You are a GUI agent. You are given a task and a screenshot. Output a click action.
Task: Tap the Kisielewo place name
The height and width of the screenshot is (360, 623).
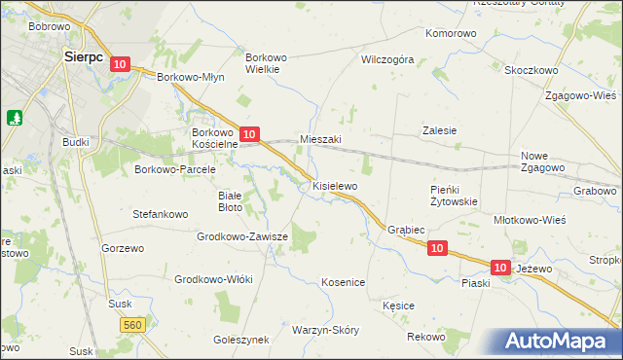[x=335, y=185]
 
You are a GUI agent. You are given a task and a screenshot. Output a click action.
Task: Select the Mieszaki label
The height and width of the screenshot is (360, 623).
[x=320, y=139]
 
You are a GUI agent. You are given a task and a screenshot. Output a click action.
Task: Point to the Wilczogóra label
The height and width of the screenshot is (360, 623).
[x=387, y=59]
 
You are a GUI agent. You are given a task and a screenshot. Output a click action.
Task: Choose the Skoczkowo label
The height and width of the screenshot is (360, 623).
[x=531, y=71]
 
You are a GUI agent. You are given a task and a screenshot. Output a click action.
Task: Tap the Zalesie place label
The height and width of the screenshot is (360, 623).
[x=439, y=130]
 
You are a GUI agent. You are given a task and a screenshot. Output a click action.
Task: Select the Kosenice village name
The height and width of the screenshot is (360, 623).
[x=343, y=282]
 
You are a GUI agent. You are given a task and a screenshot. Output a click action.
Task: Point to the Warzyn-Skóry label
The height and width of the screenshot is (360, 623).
[x=325, y=330]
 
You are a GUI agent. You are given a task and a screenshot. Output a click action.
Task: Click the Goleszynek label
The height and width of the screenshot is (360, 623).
[x=240, y=340]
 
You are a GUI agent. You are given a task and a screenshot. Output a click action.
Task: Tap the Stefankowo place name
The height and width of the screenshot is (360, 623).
[x=160, y=213]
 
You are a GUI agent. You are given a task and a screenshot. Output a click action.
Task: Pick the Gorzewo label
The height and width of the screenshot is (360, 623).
[x=122, y=248]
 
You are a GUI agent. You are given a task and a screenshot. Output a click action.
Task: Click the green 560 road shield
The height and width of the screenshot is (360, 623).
[x=133, y=325]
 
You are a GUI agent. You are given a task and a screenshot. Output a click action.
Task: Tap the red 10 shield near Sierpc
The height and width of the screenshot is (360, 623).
[x=119, y=64]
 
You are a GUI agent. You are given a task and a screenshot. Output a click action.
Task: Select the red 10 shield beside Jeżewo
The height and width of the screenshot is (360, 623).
[x=500, y=266]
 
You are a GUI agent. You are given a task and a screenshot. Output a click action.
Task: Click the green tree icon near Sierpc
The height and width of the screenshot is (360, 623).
[x=15, y=118]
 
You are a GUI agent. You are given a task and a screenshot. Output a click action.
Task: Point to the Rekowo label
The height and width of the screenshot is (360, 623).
[x=425, y=337]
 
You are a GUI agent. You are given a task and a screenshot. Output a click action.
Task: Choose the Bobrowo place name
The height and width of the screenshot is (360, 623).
[x=49, y=26]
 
